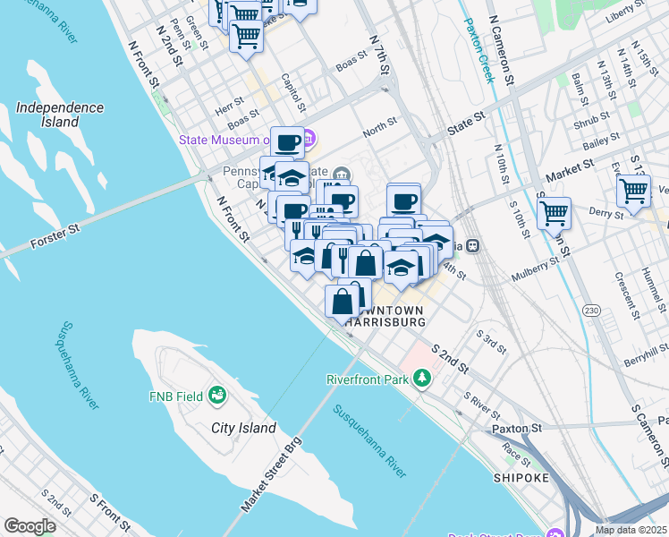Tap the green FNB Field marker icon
tap(216, 395)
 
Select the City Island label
tap(243, 428)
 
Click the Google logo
tap(29, 526)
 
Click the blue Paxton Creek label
tap(479, 52)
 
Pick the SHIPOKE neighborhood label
tap(520, 479)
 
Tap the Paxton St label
tap(517, 429)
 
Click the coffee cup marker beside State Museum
tap(288, 142)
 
